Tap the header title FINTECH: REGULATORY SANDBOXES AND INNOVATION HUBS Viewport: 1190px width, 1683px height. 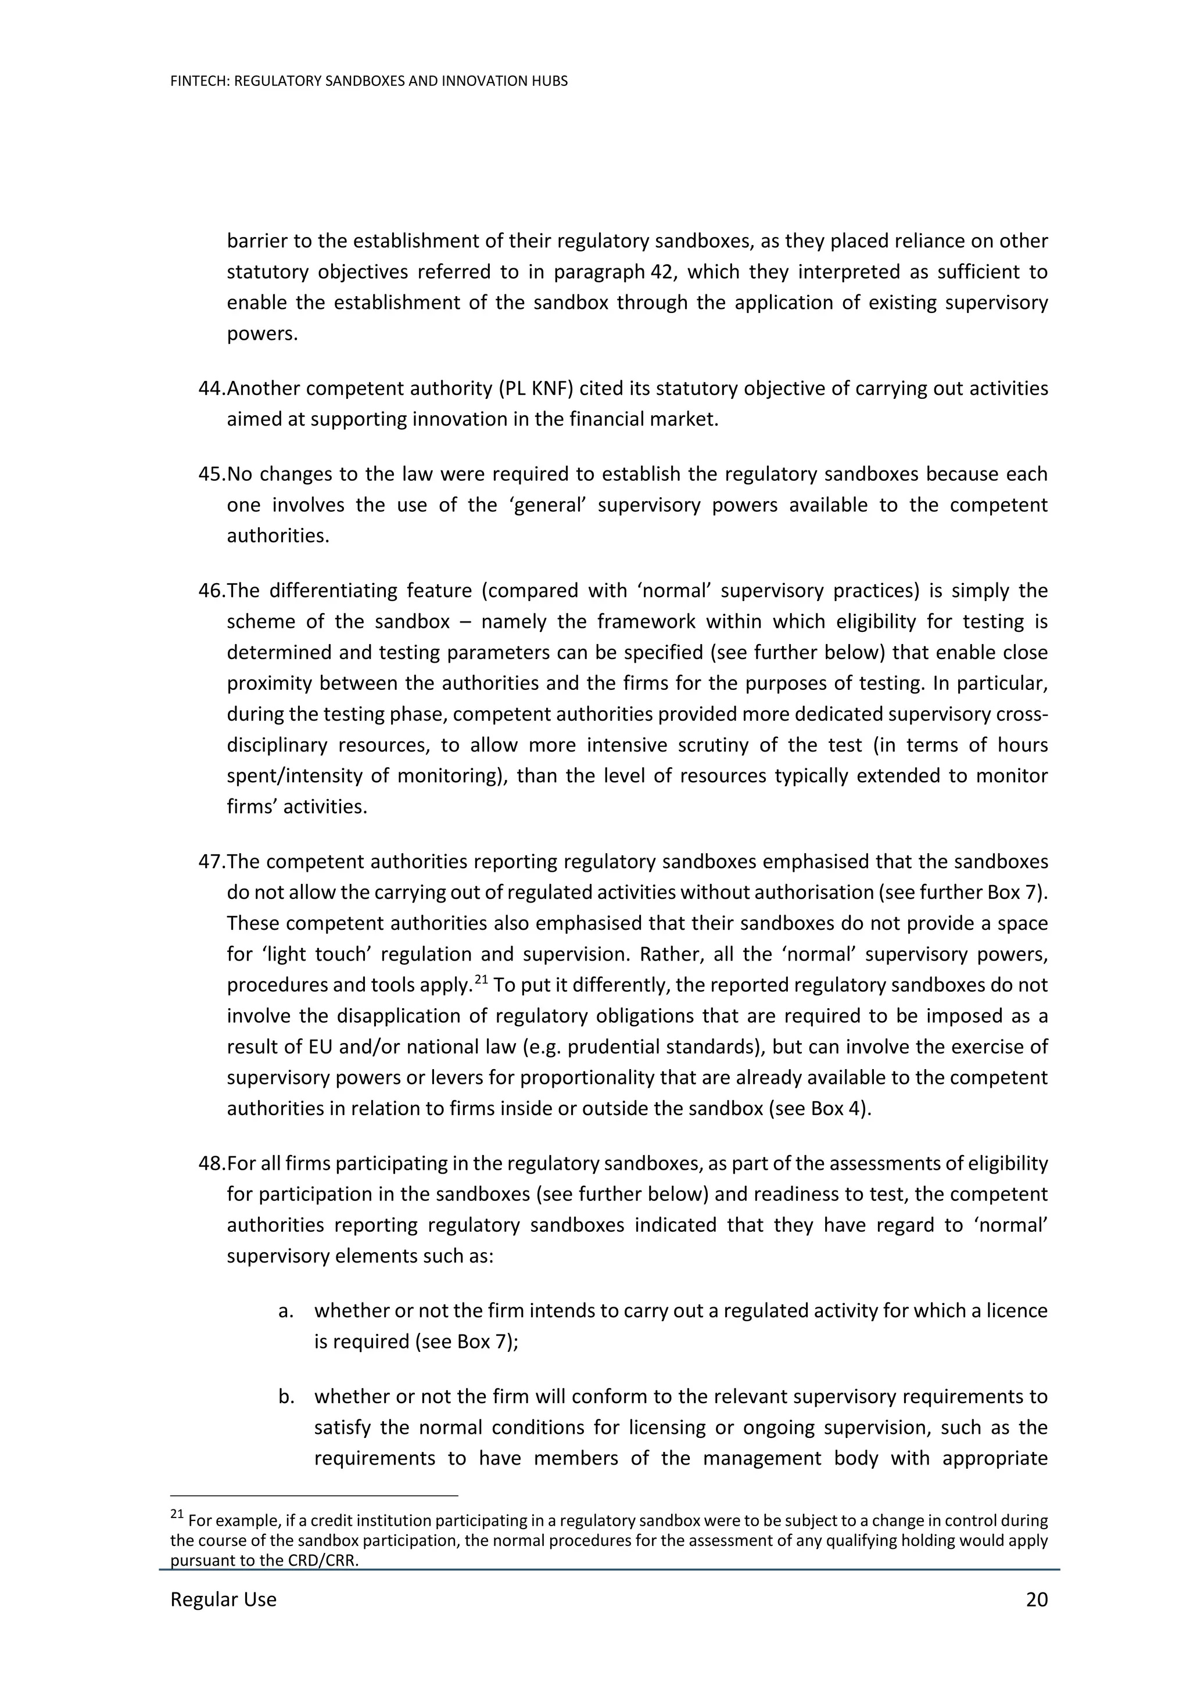(369, 81)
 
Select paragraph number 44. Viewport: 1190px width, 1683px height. (211, 389)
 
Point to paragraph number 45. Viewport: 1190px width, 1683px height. (211, 474)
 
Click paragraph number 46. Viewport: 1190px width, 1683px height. (211, 591)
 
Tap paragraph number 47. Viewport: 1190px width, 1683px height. (211, 861)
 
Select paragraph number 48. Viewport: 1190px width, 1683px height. (211, 1163)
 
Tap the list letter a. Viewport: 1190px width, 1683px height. (286, 1311)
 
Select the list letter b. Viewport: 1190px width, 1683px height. (286, 1397)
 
